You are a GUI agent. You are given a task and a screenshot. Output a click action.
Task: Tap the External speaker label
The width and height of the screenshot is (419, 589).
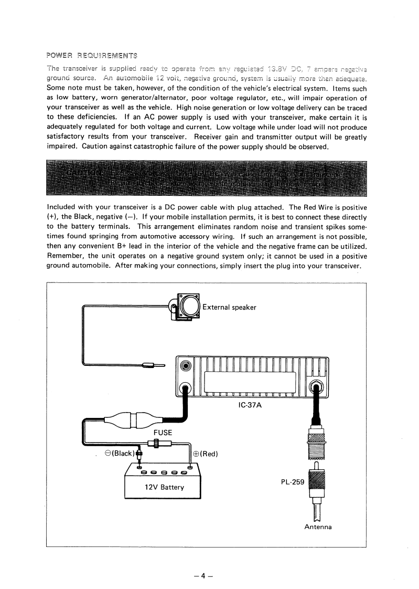(229, 307)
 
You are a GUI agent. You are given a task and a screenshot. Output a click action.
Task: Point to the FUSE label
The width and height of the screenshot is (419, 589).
(163, 433)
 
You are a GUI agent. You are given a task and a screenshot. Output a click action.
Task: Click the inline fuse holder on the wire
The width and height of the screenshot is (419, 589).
(156, 444)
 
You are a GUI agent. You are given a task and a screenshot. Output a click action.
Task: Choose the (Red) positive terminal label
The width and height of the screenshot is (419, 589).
(206, 454)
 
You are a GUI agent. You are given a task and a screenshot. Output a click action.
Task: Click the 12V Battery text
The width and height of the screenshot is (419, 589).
(164, 487)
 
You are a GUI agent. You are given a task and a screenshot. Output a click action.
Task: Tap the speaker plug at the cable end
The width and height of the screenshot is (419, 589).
(149, 366)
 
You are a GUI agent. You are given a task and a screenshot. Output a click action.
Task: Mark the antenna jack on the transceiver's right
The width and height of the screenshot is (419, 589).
(316, 388)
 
